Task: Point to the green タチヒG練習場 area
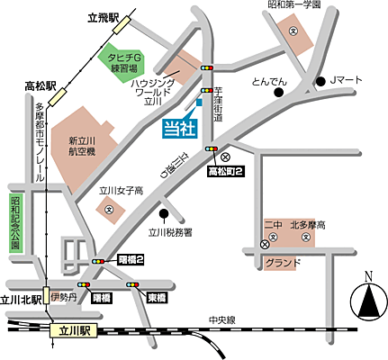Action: pos(122,62)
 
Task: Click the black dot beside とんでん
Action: pos(280,92)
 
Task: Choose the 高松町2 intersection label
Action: pos(224,170)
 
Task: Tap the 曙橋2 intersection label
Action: pos(131,260)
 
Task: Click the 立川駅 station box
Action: pos(74,331)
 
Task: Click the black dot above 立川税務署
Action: pos(164,214)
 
